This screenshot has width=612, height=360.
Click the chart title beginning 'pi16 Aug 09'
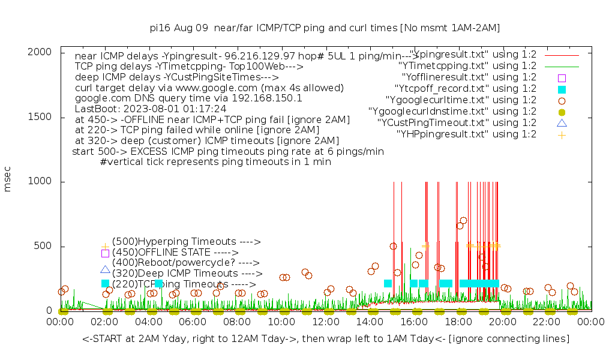[x=325, y=28]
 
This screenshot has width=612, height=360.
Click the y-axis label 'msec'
[x=8, y=181]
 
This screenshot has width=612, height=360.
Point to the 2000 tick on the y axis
[x=61, y=52]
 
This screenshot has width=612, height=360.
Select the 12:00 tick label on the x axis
[x=325, y=322]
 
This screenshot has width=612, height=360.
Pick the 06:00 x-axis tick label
[x=193, y=322]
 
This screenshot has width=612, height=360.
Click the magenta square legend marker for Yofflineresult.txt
[x=562, y=77]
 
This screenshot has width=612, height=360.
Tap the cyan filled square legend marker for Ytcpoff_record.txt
[x=562, y=89]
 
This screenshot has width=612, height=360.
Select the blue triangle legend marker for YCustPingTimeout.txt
[x=562, y=123]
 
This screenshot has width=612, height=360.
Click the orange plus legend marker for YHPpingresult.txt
[x=562, y=134]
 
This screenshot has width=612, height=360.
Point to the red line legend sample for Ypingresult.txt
[x=562, y=55]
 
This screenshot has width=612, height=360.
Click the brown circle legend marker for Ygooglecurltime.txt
[x=562, y=100]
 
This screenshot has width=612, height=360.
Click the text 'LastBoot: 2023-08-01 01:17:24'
[x=151, y=109]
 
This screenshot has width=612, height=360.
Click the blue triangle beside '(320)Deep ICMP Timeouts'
[x=106, y=270]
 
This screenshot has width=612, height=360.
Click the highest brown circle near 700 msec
[x=463, y=220]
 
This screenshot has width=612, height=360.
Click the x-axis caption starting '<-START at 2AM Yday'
[x=326, y=339]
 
